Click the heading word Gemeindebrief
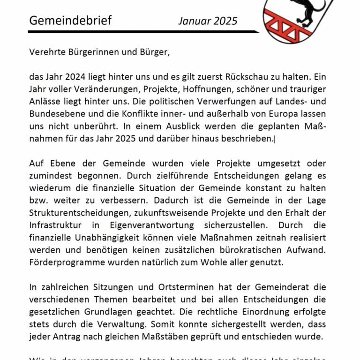click(70, 21)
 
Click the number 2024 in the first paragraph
click(77, 76)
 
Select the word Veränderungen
click(105, 89)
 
